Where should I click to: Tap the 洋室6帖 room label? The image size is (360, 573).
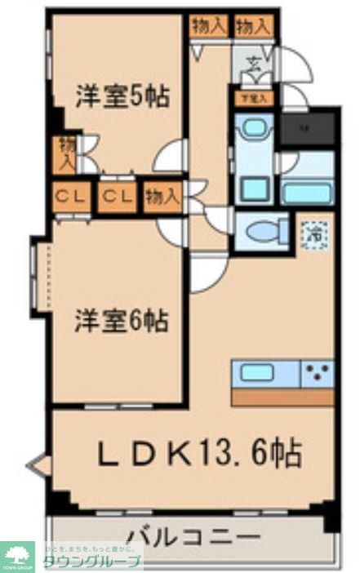pyautogui.click(x=122, y=321)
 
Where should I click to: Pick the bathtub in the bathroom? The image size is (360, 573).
pyautogui.click(x=306, y=193)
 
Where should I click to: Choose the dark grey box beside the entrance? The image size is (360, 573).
pyautogui.click(x=306, y=128)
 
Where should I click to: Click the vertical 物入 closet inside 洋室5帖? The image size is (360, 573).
pyautogui.click(x=66, y=154)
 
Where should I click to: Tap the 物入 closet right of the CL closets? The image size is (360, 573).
pyautogui.click(x=162, y=197)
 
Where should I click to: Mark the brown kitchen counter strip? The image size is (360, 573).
pyautogui.click(x=282, y=397)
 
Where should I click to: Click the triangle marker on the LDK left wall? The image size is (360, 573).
pyautogui.click(x=39, y=465)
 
